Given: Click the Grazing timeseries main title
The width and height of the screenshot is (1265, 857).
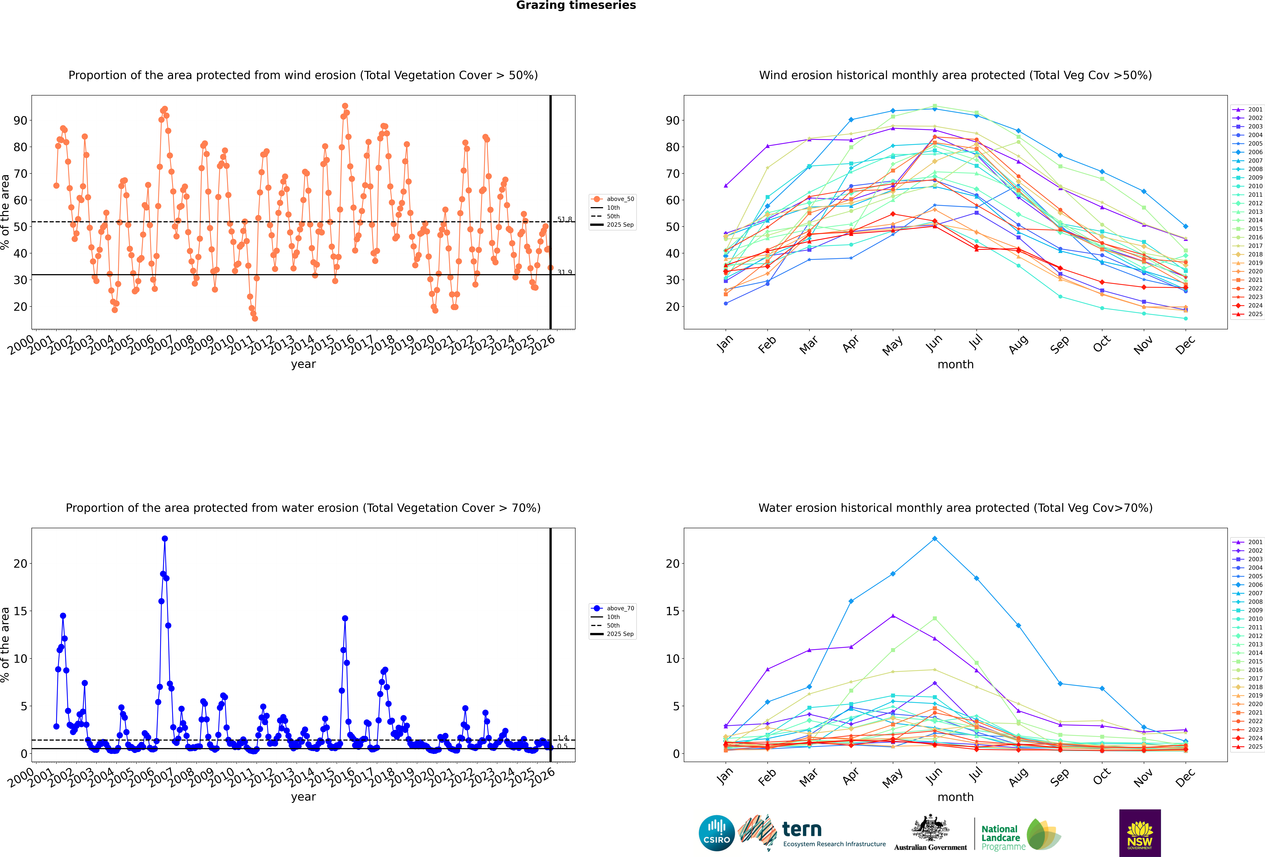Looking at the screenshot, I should [x=576, y=5].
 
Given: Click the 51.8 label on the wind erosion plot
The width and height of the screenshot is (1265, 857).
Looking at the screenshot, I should [x=564, y=219].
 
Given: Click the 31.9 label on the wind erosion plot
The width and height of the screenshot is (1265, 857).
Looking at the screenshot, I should [x=564, y=272].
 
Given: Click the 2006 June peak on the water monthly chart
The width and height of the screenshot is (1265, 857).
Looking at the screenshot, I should [x=935, y=539].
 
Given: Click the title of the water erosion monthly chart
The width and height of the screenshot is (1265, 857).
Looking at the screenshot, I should [x=955, y=508].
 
